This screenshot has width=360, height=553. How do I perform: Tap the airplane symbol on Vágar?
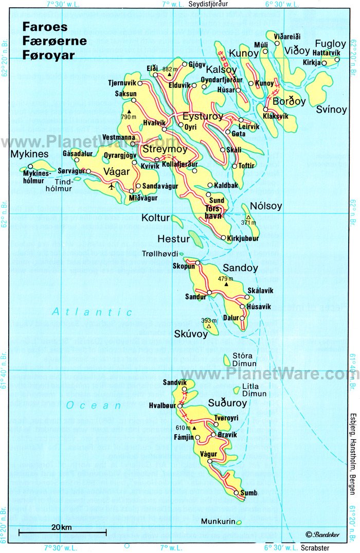tap(112, 186)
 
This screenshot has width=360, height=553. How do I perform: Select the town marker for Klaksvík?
tap(266, 109)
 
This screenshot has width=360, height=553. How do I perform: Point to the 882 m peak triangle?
tap(169, 75)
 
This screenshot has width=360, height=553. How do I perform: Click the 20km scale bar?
tap(62, 531)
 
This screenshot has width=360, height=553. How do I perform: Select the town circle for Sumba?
tap(236, 493)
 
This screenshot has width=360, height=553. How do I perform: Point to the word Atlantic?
tap(92, 312)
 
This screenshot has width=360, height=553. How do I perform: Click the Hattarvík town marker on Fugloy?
tap(337, 60)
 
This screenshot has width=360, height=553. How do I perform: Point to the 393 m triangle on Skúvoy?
tap(209, 326)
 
